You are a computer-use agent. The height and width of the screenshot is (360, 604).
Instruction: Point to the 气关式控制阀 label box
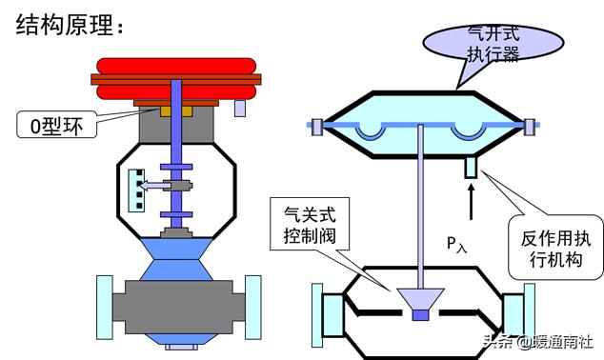[x=308, y=221]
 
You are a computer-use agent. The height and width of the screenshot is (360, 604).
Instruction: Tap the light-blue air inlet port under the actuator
[x=471, y=168]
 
